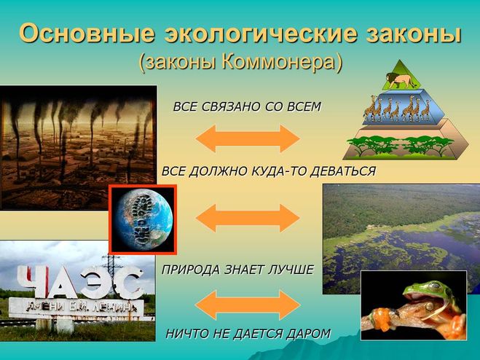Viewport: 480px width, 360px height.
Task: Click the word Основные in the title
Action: point(87,33)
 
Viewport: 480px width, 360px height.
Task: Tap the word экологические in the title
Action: point(261,34)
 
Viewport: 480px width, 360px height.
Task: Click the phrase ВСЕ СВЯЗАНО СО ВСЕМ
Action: point(247,107)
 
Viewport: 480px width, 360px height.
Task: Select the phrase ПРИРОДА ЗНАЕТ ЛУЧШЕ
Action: point(237,270)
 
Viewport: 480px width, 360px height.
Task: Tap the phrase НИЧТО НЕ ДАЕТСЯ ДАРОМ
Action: point(248,334)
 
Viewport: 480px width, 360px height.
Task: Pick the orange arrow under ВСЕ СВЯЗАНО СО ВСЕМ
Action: point(248,138)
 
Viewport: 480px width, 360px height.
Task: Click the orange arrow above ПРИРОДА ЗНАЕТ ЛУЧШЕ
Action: point(248,218)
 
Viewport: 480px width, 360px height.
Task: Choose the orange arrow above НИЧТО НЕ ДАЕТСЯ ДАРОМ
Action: point(248,305)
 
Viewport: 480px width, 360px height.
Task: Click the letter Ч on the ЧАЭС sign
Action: point(34,281)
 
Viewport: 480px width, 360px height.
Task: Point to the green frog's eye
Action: point(434,286)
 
